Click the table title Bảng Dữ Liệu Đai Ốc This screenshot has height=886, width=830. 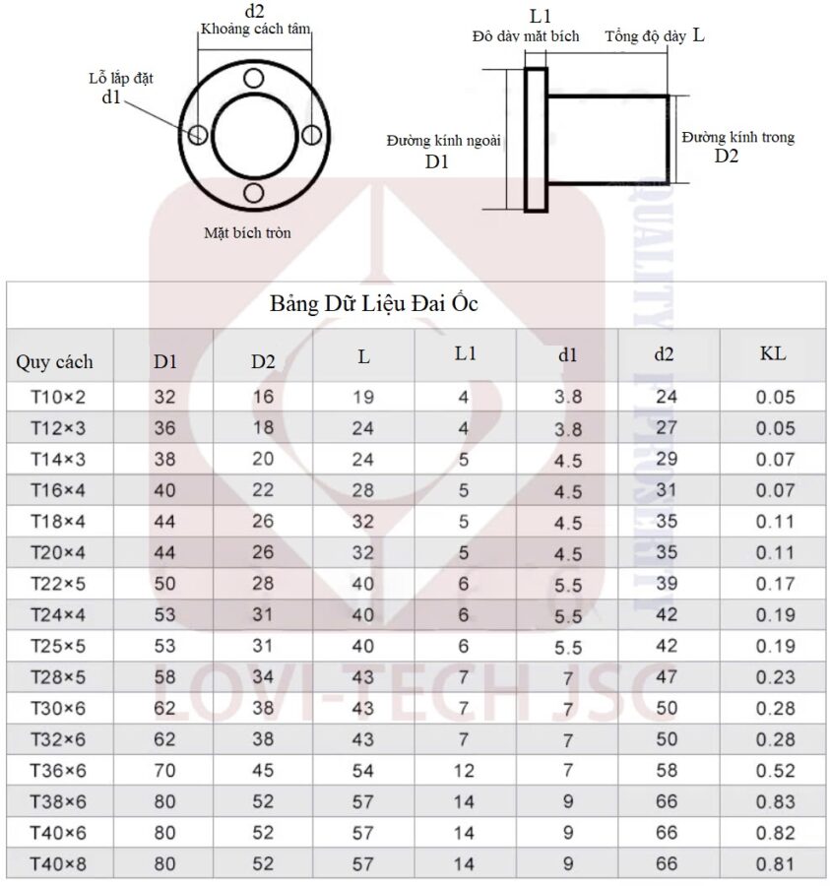click(373, 304)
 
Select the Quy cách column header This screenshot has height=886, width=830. click(54, 361)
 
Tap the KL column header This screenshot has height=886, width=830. click(772, 353)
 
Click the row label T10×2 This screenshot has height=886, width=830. click(58, 398)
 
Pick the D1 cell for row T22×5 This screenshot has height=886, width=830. click(164, 584)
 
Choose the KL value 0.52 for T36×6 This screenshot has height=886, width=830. click(775, 771)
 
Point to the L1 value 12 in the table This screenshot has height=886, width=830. click(464, 771)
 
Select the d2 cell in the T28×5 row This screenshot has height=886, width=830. click(667, 677)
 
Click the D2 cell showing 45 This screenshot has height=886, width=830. click(263, 770)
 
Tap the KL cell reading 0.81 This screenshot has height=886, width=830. click(775, 864)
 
